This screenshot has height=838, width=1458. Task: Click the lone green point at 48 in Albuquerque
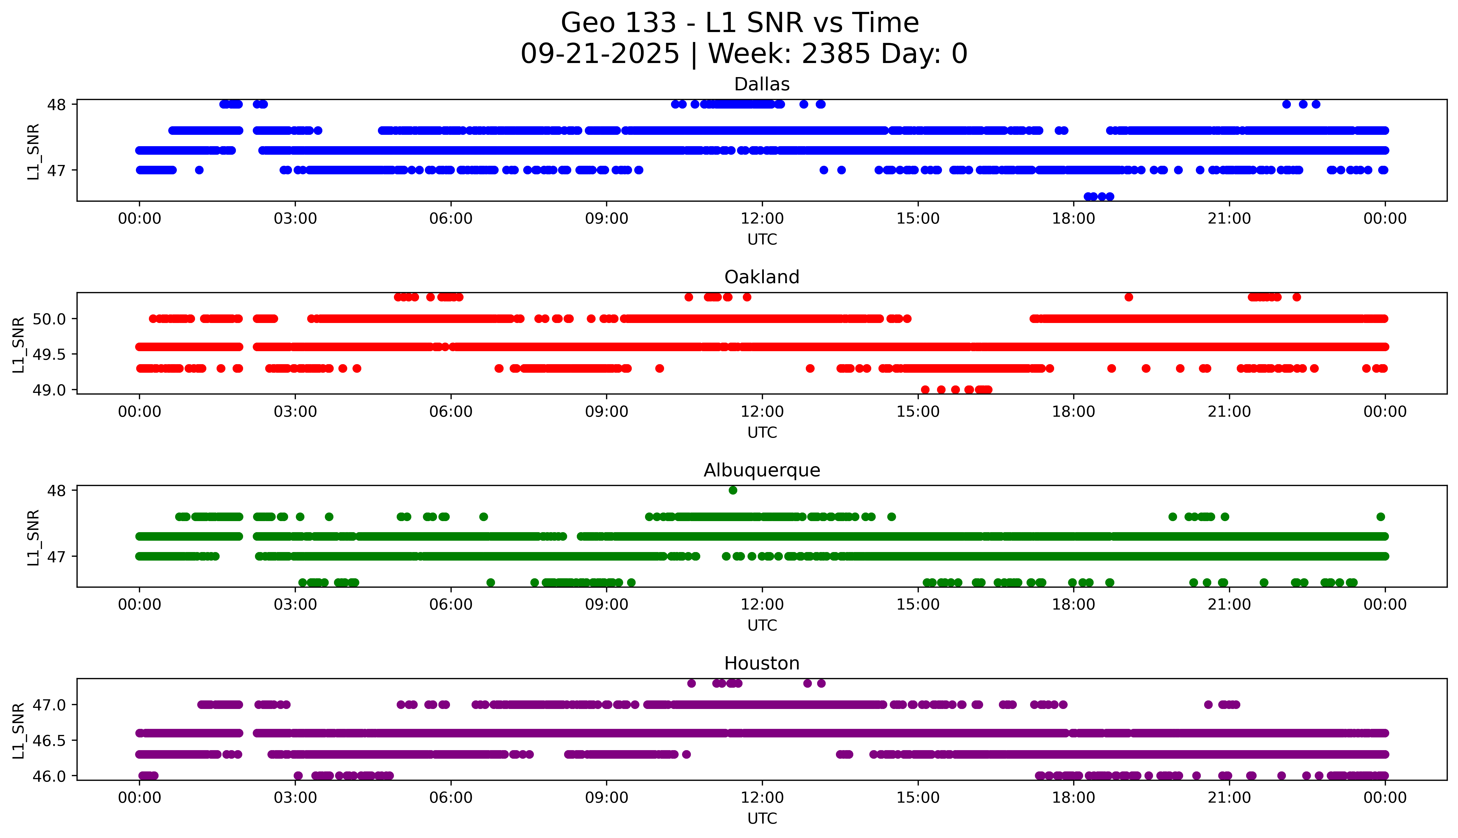(x=732, y=490)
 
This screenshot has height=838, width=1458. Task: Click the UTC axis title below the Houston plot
(x=762, y=818)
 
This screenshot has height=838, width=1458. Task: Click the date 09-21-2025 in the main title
(x=599, y=54)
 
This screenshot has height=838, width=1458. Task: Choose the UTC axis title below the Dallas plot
(x=762, y=240)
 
